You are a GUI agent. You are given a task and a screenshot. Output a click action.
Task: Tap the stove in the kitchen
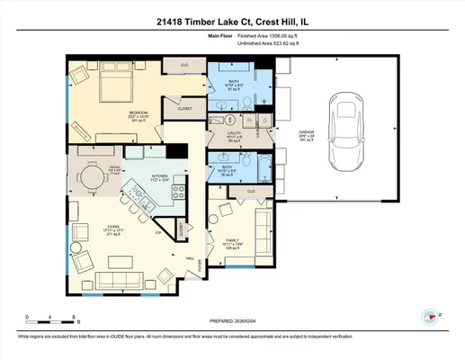click(181, 190)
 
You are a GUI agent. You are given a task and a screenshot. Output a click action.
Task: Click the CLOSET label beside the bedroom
click(183, 107)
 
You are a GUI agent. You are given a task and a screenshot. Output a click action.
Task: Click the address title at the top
click(232, 21)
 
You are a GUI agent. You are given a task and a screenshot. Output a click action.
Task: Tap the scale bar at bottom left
click(52, 317)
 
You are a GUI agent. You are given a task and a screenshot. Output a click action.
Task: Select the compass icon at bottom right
click(431, 316)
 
